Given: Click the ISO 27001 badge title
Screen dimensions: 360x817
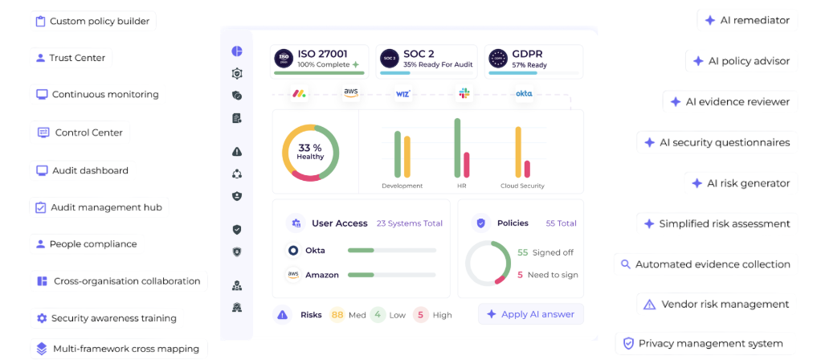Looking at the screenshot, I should (322, 54).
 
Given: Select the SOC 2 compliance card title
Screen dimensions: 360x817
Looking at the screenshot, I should (419, 54).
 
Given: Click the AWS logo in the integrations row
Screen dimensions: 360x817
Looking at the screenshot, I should (351, 92).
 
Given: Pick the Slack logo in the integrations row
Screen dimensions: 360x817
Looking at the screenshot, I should (464, 93).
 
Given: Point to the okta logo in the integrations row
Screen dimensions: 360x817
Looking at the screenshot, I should (524, 93).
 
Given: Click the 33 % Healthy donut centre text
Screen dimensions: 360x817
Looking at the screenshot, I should (310, 152).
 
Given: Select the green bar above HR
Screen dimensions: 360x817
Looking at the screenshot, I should (458, 148).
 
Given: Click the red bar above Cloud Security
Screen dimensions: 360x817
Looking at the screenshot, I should (527, 169).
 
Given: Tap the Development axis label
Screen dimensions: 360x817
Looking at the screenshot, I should (402, 186).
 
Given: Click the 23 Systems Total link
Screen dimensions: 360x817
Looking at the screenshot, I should (410, 223).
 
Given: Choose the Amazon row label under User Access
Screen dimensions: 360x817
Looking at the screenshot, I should (321, 275).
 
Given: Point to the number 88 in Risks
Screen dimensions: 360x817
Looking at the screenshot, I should (337, 315).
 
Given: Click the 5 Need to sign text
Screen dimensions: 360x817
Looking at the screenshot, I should (548, 275).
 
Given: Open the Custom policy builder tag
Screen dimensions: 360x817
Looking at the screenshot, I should (92, 21).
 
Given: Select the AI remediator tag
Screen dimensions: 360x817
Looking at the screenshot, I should (746, 20).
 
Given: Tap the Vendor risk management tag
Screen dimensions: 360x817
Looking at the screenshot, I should (717, 305).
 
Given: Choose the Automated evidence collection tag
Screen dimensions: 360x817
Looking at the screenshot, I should (705, 264).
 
